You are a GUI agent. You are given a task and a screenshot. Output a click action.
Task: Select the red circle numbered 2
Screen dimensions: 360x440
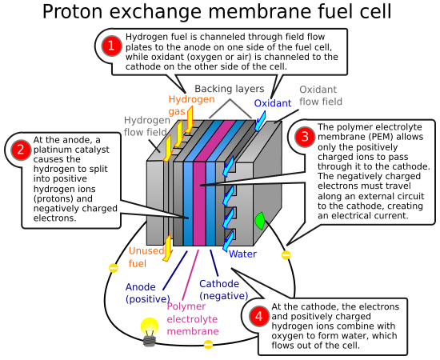pos(19,150)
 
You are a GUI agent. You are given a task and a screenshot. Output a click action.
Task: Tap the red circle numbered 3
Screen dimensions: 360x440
pos(304,137)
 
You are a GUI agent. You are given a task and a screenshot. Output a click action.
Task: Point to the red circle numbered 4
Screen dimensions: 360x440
pos(258,317)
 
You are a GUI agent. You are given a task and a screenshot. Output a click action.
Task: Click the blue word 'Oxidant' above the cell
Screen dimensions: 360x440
pos(273,103)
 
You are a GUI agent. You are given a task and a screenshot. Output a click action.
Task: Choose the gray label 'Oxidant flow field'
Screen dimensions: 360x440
pos(321,96)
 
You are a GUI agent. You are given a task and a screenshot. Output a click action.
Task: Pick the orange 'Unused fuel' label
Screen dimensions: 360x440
pos(145,257)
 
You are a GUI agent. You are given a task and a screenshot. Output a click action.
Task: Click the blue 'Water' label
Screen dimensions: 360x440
pos(242,254)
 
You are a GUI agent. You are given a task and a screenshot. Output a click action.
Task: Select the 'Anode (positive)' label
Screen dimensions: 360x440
pos(148,293)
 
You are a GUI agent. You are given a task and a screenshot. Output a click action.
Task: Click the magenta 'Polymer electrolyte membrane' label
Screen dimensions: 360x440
pos(193,318)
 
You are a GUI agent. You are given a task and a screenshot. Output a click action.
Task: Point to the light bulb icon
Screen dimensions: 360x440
pos(150,330)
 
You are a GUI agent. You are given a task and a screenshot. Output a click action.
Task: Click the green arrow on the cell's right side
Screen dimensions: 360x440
pos(258,220)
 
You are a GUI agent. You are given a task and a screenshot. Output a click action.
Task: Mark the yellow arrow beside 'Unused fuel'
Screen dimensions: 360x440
pos(167,246)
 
